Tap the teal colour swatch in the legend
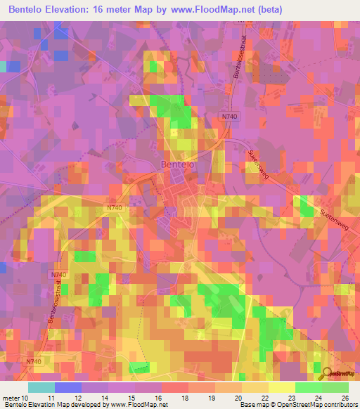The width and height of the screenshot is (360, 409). [x=41, y=387]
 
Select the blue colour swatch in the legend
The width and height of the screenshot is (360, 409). [x=68, y=387]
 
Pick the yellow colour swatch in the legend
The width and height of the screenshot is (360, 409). [x=282, y=387]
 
